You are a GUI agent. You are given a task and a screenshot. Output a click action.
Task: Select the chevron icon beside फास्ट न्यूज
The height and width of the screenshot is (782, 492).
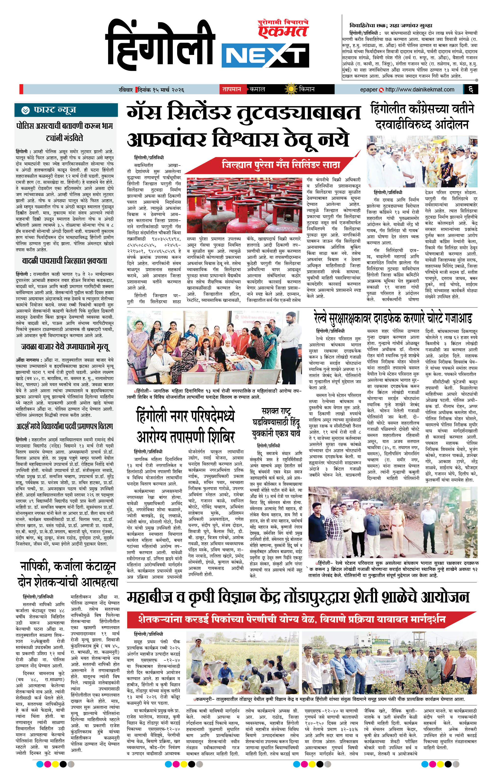click(25, 110)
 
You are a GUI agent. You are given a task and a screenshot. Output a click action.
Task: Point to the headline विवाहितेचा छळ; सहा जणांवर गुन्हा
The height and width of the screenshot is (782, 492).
click(390, 25)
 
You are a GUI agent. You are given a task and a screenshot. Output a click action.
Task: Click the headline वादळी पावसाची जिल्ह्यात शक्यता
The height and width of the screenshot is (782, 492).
click(65, 261)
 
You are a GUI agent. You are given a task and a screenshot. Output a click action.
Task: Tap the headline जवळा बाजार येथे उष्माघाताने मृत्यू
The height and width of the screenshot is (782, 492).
click(65, 347)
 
